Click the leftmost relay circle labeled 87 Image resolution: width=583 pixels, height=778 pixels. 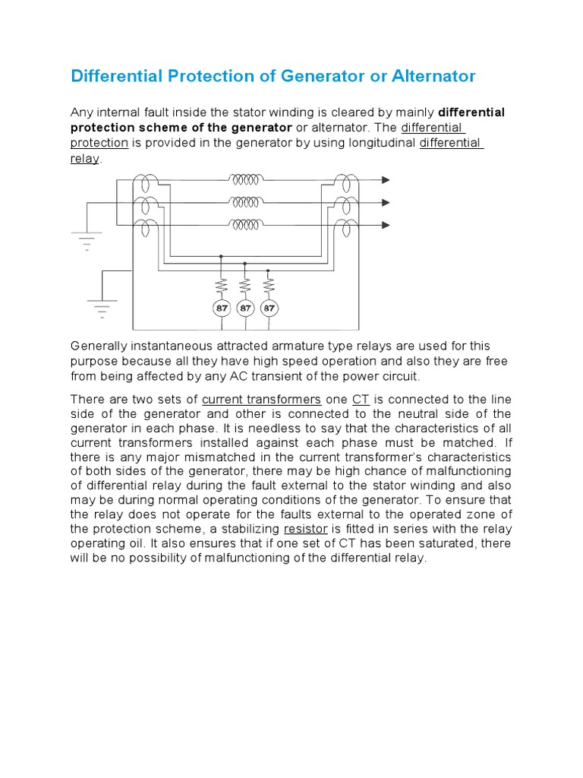click(221, 308)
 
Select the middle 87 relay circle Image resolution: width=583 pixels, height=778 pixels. click(244, 308)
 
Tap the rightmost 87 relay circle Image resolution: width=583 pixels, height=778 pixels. click(268, 308)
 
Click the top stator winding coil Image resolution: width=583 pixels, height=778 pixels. click(246, 179)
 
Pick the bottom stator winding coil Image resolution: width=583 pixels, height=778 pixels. click(246, 225)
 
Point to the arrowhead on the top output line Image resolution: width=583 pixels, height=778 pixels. click(386, 180)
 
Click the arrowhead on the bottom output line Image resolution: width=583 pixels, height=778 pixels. click(386, 225)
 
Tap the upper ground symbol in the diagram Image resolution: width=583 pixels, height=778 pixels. click(86, 240)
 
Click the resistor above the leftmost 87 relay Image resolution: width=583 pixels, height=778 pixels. click(221, 285)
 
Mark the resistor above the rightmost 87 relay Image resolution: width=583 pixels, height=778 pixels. click(268, 285)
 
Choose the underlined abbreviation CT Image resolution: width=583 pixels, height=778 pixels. click(361, 400)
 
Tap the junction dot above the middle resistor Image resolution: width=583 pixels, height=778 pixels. click(244, 263)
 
